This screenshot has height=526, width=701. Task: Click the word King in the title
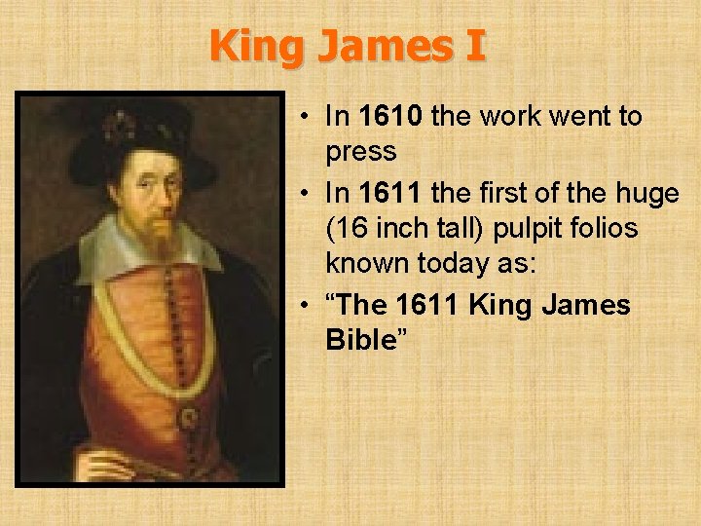click(254, 45)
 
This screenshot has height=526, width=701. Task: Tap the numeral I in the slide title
click(474, 45)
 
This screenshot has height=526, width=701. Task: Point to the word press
click(361, 152)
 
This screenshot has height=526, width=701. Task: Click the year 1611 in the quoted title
click(430, 306)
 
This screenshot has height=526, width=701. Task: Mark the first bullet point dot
click(305, 118)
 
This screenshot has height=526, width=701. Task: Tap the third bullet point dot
click(305, 306)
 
